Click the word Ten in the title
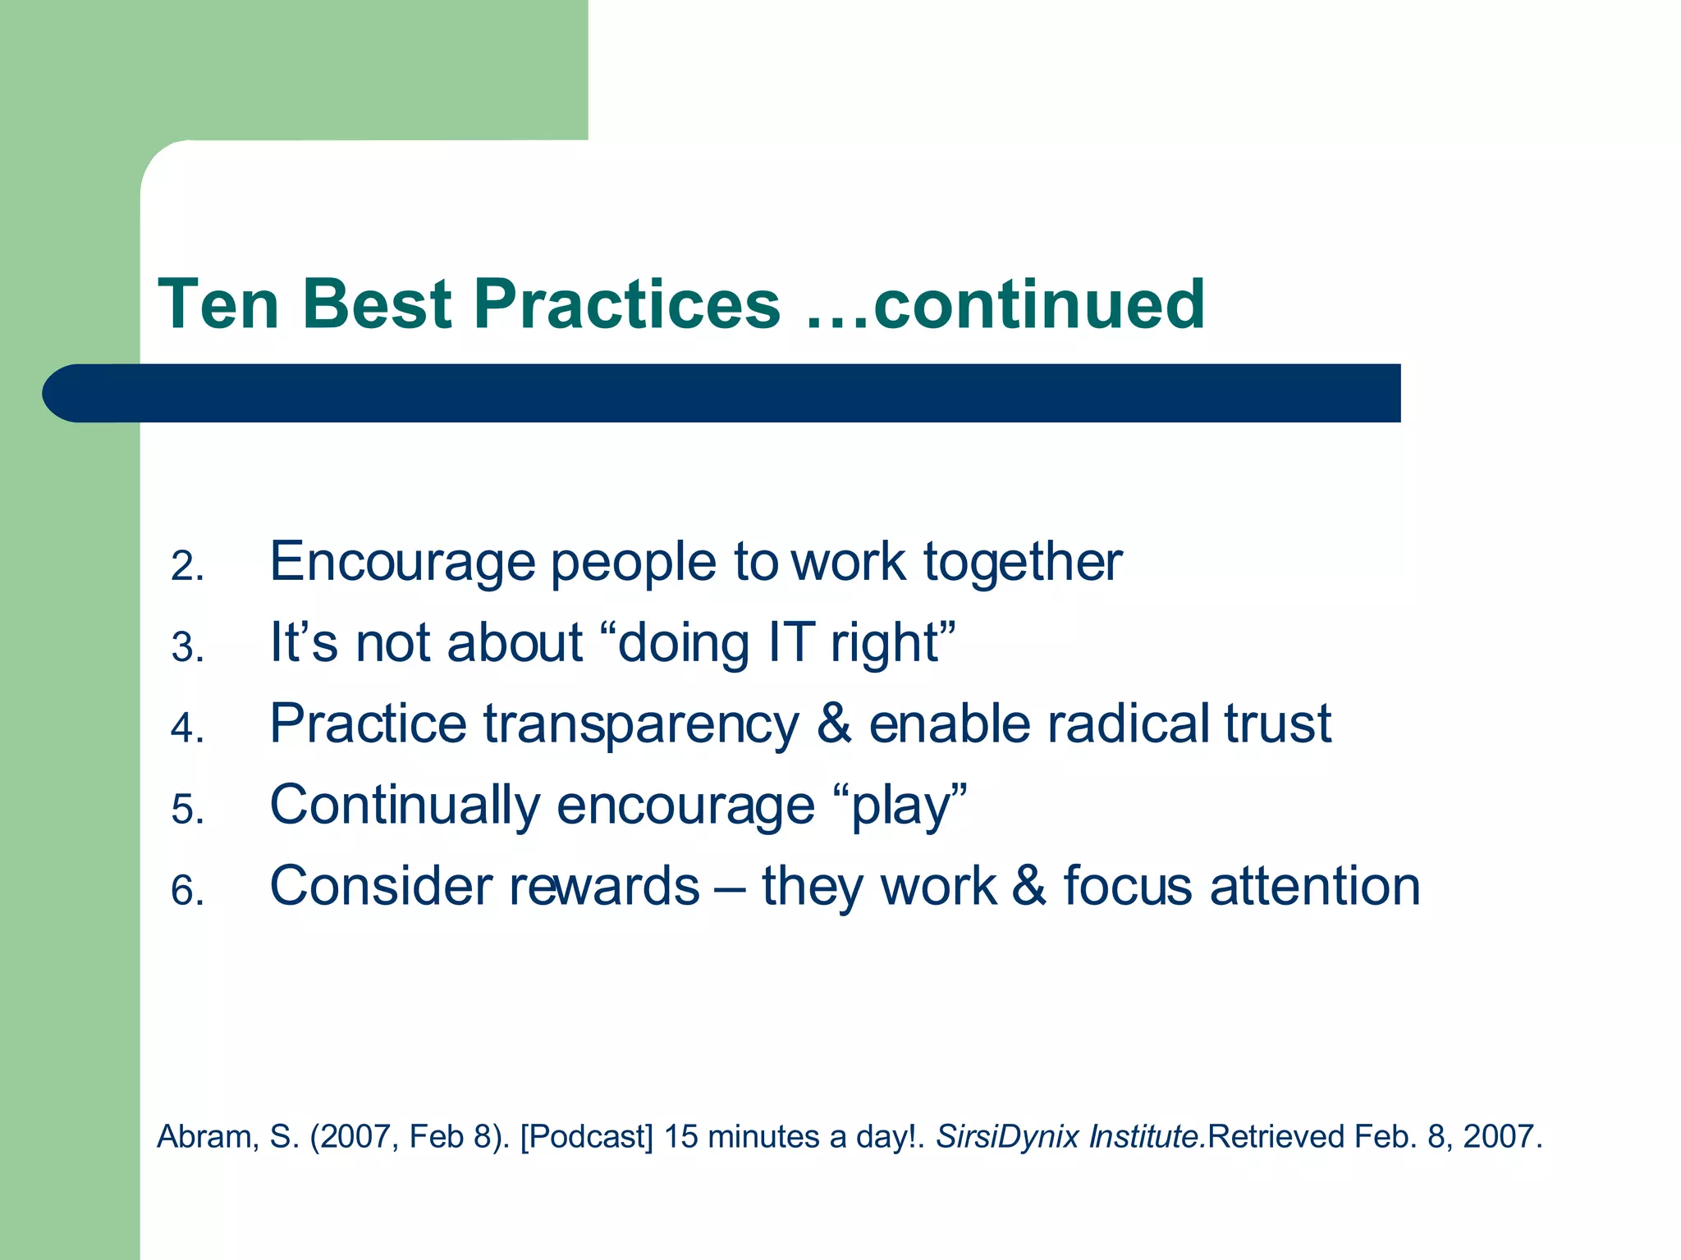(219, 304)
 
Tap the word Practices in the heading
(627, 304)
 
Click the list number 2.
(187, 567)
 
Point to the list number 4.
(187, 728)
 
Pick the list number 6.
(187, 891)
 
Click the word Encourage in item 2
(403, 563)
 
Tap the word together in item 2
(1023, 563)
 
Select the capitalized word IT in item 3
(792, 642)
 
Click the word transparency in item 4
(641, 725)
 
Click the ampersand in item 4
(834, 724)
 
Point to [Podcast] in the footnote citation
(586, 1137)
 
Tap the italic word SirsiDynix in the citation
(1007, 1137)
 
